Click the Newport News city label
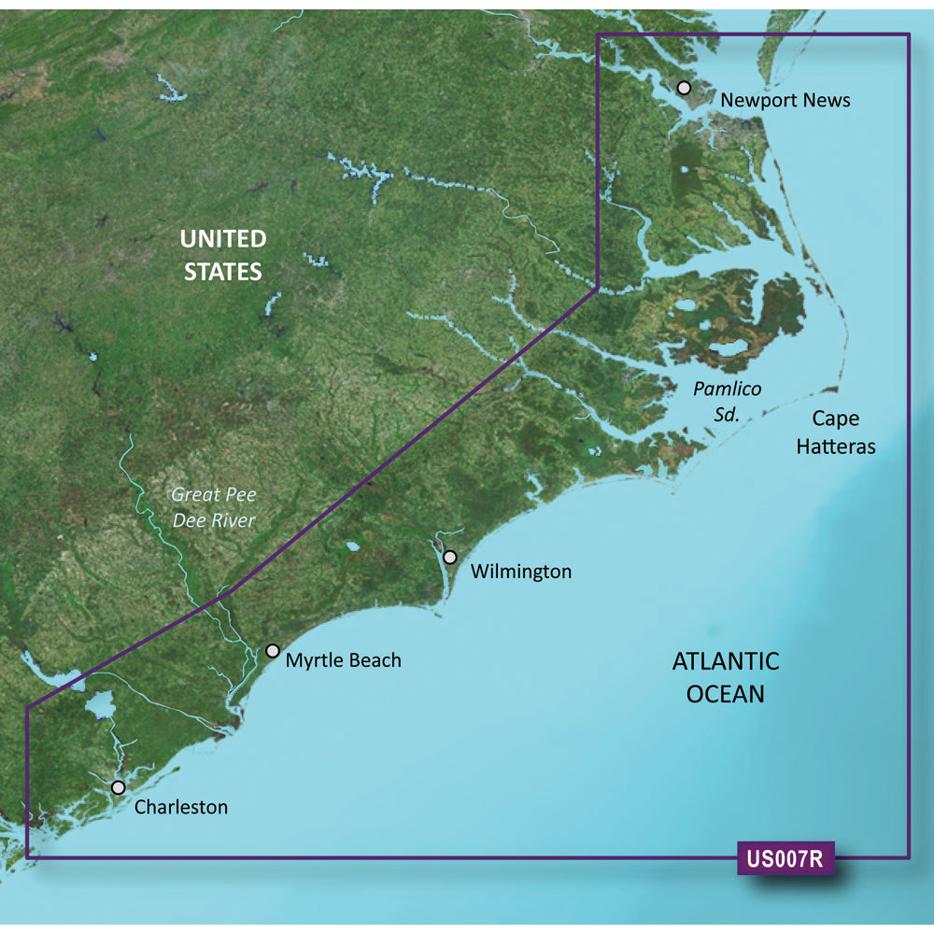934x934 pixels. click(785, 100)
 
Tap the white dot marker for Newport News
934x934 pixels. click(684, 88)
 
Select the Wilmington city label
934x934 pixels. click(521, 571)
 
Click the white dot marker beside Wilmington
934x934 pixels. click(450, 558)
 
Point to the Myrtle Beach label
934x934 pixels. click(344, 660)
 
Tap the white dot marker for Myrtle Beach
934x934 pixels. click(273, 651)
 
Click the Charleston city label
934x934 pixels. click(181, 807)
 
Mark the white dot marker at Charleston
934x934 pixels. click(118, 787)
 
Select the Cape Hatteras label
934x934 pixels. click(836, 432)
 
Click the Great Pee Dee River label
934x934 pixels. click(214, 507)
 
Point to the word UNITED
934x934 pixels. click(223, 239)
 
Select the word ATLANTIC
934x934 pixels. click(726, 662)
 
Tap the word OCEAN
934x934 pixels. click(726, 694)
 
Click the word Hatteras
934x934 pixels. click(836, 446)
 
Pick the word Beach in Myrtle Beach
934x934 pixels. click(375, 660)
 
